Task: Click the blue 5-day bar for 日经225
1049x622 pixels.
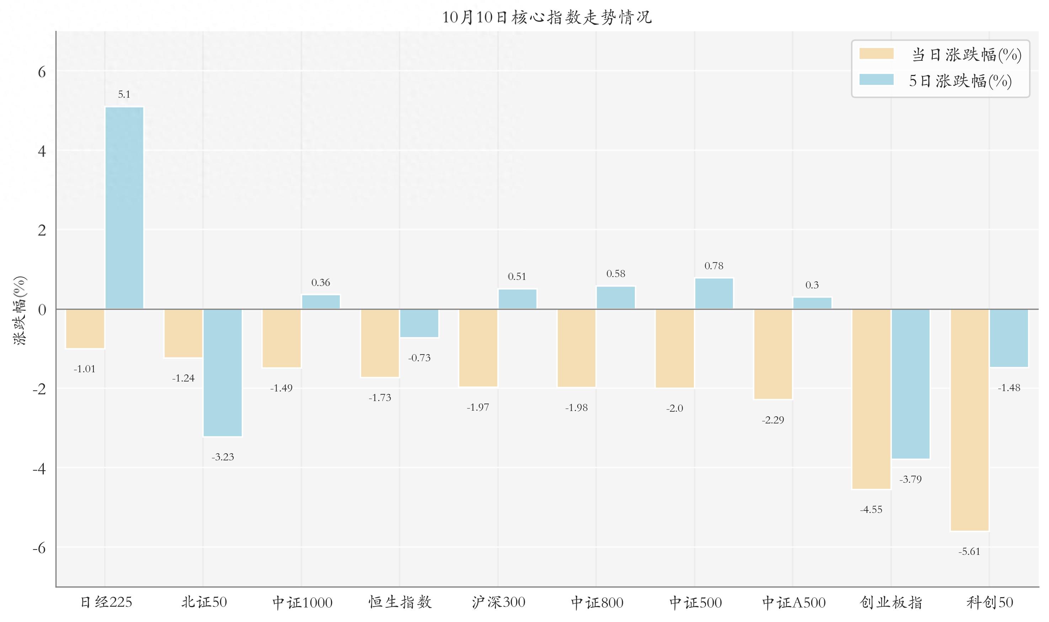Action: (x=124, y=208)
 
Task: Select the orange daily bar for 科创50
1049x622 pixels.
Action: (x=969, y=420)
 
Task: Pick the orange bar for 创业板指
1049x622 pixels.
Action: (x=871, y=399)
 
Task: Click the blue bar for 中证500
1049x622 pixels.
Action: (x=714, y=293)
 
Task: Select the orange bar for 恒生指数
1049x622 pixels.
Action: (x=380, y=343)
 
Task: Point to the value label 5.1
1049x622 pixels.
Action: (x=124, y=94)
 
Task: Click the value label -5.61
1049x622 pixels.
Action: (x=969, y=552)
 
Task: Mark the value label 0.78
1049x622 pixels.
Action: (x=714, y=266)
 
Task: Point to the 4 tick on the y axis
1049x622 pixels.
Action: (x=42, y=151)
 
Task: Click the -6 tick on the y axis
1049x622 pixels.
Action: (x=39, y=548)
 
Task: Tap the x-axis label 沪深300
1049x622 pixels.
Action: (x=498, y=603)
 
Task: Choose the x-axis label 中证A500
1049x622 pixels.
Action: (x=793, y=603)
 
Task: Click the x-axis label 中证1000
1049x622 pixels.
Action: (x=302, y=603)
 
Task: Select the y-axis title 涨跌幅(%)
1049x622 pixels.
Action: (x=20, y=310)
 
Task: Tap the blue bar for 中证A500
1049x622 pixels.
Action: (x=812, y=303)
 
